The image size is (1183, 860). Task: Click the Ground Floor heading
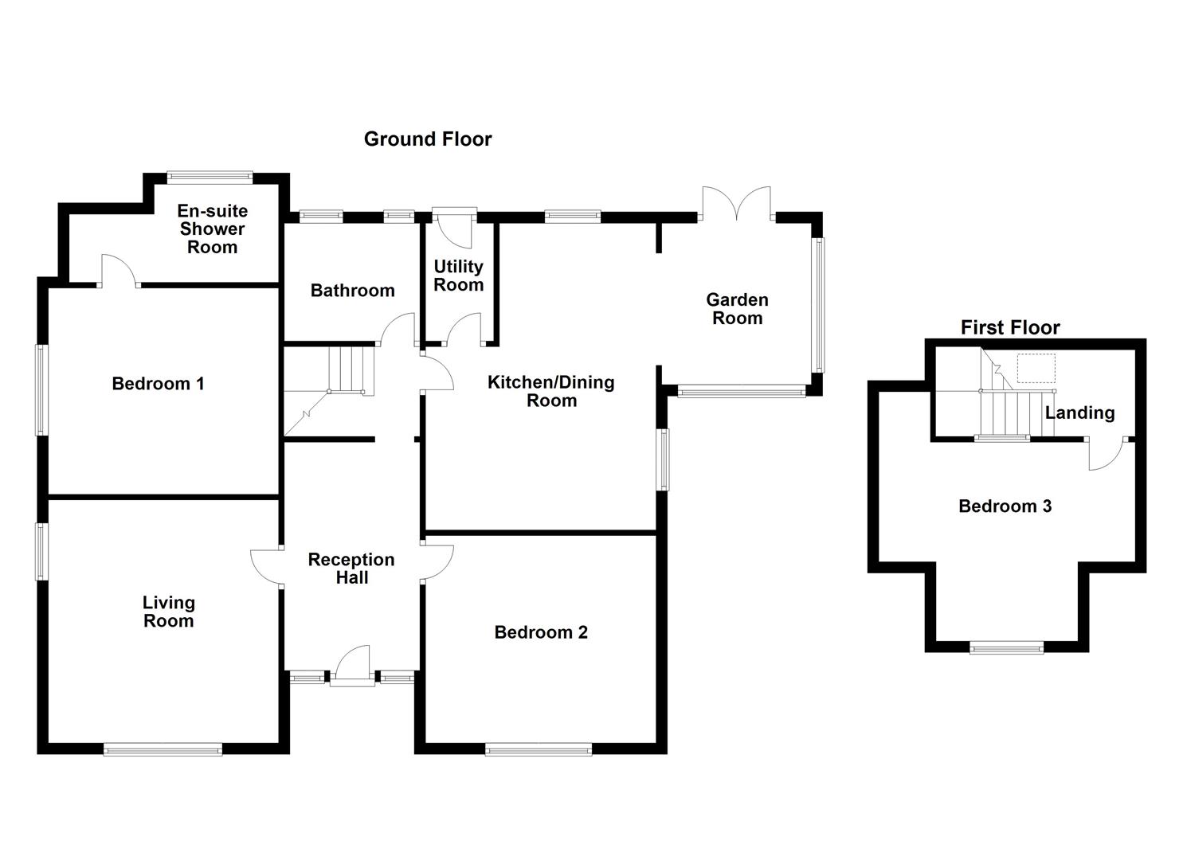click(428, 139)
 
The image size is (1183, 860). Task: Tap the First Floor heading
click(1009, 327)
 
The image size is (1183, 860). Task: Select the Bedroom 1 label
click(158, 384)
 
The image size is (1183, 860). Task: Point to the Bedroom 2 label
click(541, 632)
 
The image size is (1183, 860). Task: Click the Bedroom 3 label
click(1005, 506)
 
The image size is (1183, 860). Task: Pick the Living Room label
click(168, 612)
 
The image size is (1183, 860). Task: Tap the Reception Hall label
click(351, 569)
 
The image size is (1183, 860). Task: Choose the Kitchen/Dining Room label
click(551, 391)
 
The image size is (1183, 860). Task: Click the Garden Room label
click(737, 309)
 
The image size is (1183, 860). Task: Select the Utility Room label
click(458, 276)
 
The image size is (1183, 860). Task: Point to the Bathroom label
click(352, 291)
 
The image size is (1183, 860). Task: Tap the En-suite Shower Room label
click(212, 229)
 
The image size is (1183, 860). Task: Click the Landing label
click(1079, 412)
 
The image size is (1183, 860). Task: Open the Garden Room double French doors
click(737, 203)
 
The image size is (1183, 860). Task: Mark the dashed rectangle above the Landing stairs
click(1036, 368)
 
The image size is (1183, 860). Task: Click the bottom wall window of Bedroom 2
click(539, 749)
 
